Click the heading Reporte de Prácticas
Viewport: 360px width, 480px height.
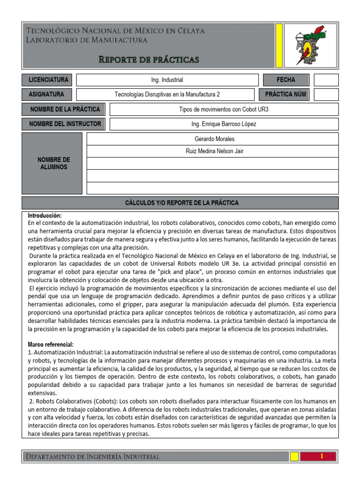149,59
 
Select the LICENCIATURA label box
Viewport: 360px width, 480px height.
48,80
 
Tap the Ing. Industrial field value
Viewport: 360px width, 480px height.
167,80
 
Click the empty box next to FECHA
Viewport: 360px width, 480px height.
326,80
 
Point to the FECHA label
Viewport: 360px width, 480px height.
286,80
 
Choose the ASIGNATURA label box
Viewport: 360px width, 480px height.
46,94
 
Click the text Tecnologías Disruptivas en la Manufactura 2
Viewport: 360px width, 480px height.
167,95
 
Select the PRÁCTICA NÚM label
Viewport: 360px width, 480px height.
285,95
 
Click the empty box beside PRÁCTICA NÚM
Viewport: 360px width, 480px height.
326,95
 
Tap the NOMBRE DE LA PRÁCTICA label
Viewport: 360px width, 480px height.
64,109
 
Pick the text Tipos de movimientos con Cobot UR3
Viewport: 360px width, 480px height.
224,110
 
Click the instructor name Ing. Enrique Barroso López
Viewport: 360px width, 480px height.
224,124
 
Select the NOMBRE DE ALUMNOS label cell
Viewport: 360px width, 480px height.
53,163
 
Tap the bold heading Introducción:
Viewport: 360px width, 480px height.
45,216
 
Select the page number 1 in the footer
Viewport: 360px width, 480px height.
322,456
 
